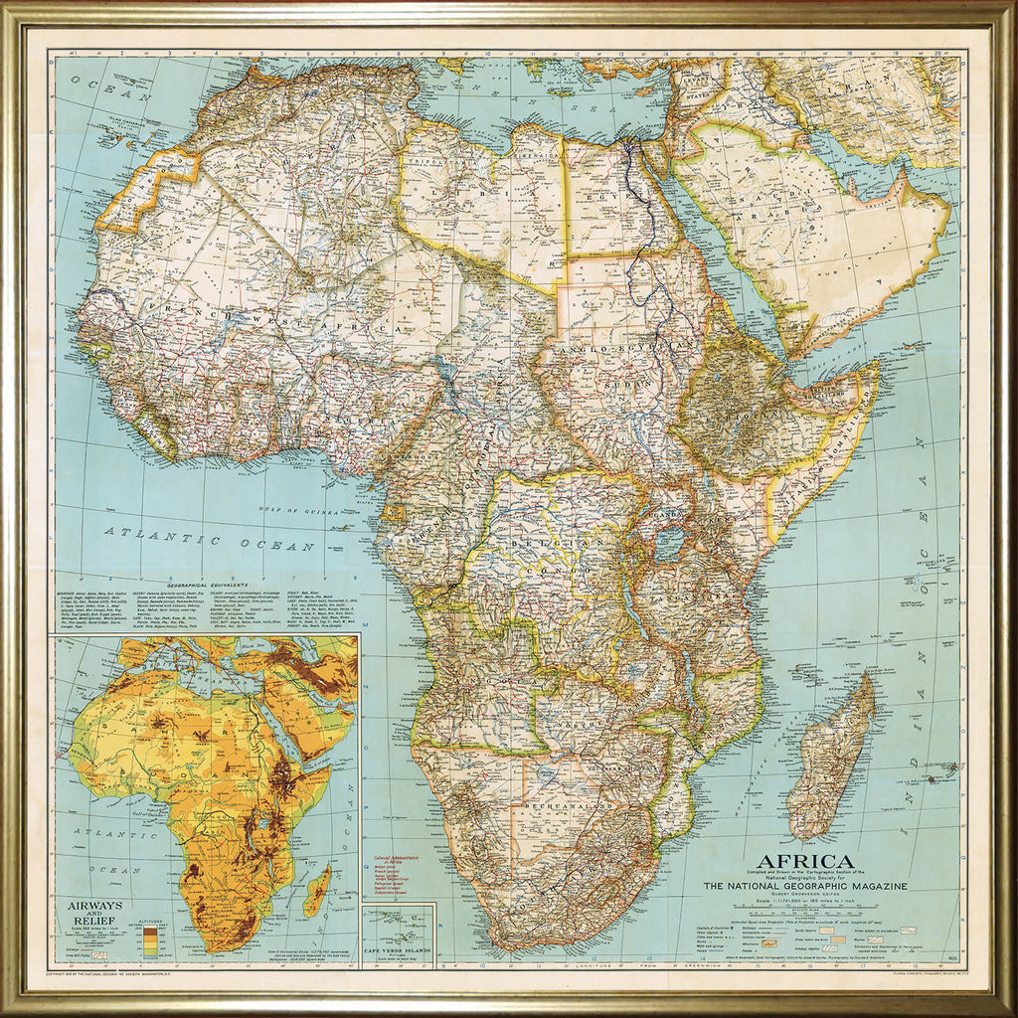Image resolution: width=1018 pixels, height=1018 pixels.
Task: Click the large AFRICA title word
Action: (x=805, y=862)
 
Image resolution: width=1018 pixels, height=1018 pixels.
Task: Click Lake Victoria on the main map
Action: (x=670, y=543)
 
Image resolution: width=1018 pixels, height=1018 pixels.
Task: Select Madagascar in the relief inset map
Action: (x=317, y=889)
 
